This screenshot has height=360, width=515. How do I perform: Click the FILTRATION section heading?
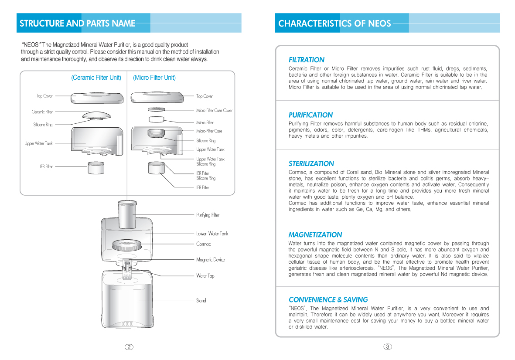(307, 60)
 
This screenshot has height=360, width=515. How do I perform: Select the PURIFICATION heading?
(310, 115)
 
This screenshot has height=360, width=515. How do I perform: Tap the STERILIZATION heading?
(311, 164)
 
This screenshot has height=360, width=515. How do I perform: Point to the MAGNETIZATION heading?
(315, 235)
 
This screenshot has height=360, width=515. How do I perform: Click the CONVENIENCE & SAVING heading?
(328, 300)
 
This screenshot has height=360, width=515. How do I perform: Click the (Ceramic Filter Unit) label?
(96, 78)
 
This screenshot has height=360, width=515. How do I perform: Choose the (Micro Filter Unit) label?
(154, 78)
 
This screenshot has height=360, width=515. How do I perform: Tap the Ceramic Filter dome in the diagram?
(96, 115)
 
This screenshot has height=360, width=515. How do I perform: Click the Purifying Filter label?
(208, 215)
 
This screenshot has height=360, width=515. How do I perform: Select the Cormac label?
(203, 244)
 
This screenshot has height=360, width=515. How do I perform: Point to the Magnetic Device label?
(210, 260)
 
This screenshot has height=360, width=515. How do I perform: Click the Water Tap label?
(205, 276)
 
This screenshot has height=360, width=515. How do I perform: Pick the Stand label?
(201, 300)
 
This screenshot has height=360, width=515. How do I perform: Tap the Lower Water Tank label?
(212, 234)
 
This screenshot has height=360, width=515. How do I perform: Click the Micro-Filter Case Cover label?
(214, 111)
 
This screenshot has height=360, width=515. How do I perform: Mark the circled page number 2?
(129, 347)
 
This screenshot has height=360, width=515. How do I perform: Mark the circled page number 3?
(388, 347)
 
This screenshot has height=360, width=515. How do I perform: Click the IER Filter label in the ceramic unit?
(46, 166)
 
